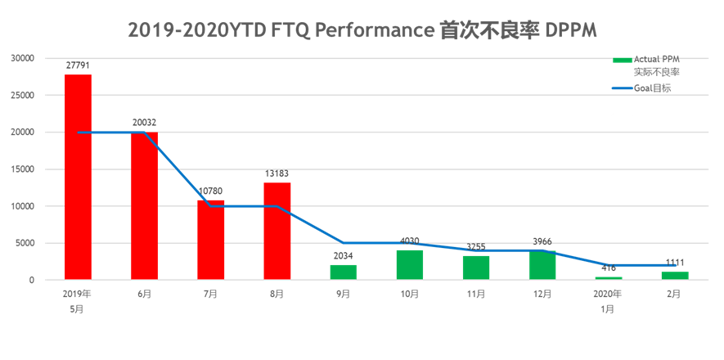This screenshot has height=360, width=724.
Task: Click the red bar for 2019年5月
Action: [78, 177]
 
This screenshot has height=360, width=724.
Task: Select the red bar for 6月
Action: [144, 205]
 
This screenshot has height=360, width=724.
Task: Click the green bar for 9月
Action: [343, 272]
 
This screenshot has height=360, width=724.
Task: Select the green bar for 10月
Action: [410, 264]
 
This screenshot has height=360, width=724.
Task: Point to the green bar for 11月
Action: [476, 267]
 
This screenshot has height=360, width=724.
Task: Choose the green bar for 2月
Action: [674, 275]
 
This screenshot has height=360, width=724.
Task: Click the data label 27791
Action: [78, 63]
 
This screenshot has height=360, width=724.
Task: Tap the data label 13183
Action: [277, 173]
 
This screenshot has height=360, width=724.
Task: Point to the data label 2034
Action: [343, 255]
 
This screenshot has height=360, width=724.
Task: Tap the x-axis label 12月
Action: [542, 294]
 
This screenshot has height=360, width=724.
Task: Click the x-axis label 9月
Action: [343, 294]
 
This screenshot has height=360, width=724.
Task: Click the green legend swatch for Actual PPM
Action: [622, 59]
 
